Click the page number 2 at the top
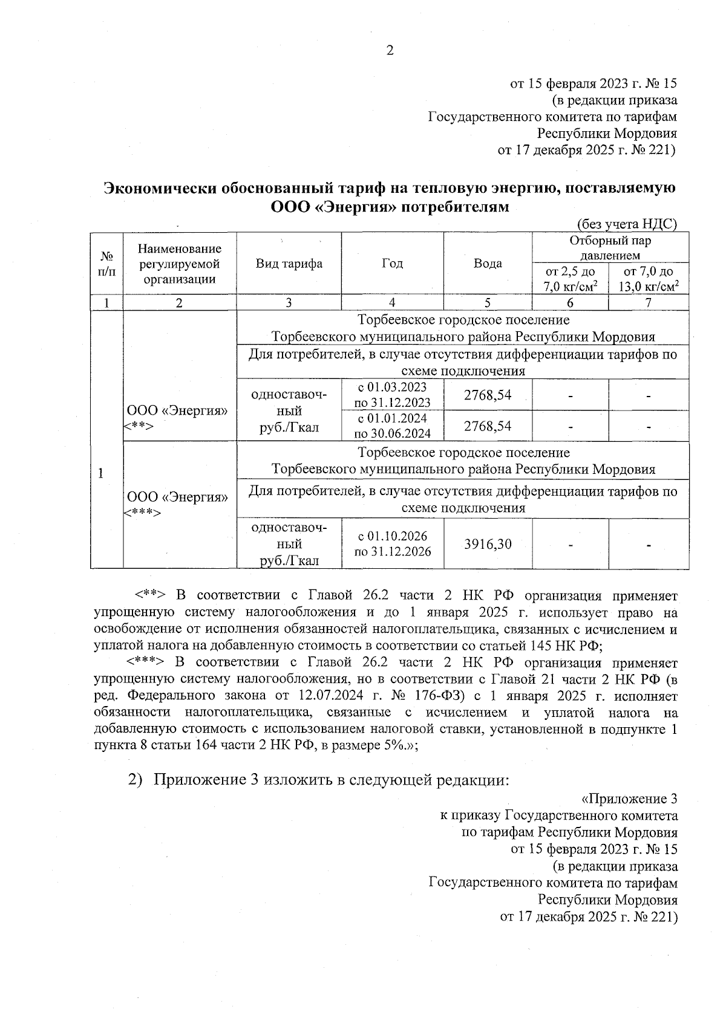click(390, 51)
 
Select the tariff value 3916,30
click(488, 544)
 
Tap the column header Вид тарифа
click(289, 264)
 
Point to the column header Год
click(392, 264)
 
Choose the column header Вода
click(488, 264)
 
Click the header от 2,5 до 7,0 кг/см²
click(570, 279)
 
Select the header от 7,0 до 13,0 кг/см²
click(648, 279)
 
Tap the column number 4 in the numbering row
click(392, 303)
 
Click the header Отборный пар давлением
click(610, 248)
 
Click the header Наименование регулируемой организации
click(179, 264)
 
